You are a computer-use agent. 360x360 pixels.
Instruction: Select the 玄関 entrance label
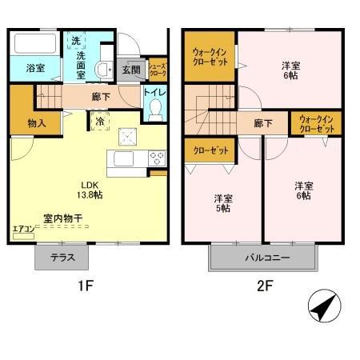[x=130, y=70]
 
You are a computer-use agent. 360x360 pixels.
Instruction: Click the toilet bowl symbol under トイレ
[x=157, y=107]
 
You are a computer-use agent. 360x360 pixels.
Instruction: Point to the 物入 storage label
[x=26, y=123]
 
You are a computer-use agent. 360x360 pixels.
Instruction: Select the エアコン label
[x=22, y=230]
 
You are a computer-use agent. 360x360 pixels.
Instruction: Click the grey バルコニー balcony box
[x=266, y=258]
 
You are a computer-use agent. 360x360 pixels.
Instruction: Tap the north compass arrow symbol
[x=322, y=307]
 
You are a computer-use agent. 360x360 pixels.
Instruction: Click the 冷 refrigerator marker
[x=100, y=122]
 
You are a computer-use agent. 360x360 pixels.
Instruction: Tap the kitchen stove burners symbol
[x=155, y=157]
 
